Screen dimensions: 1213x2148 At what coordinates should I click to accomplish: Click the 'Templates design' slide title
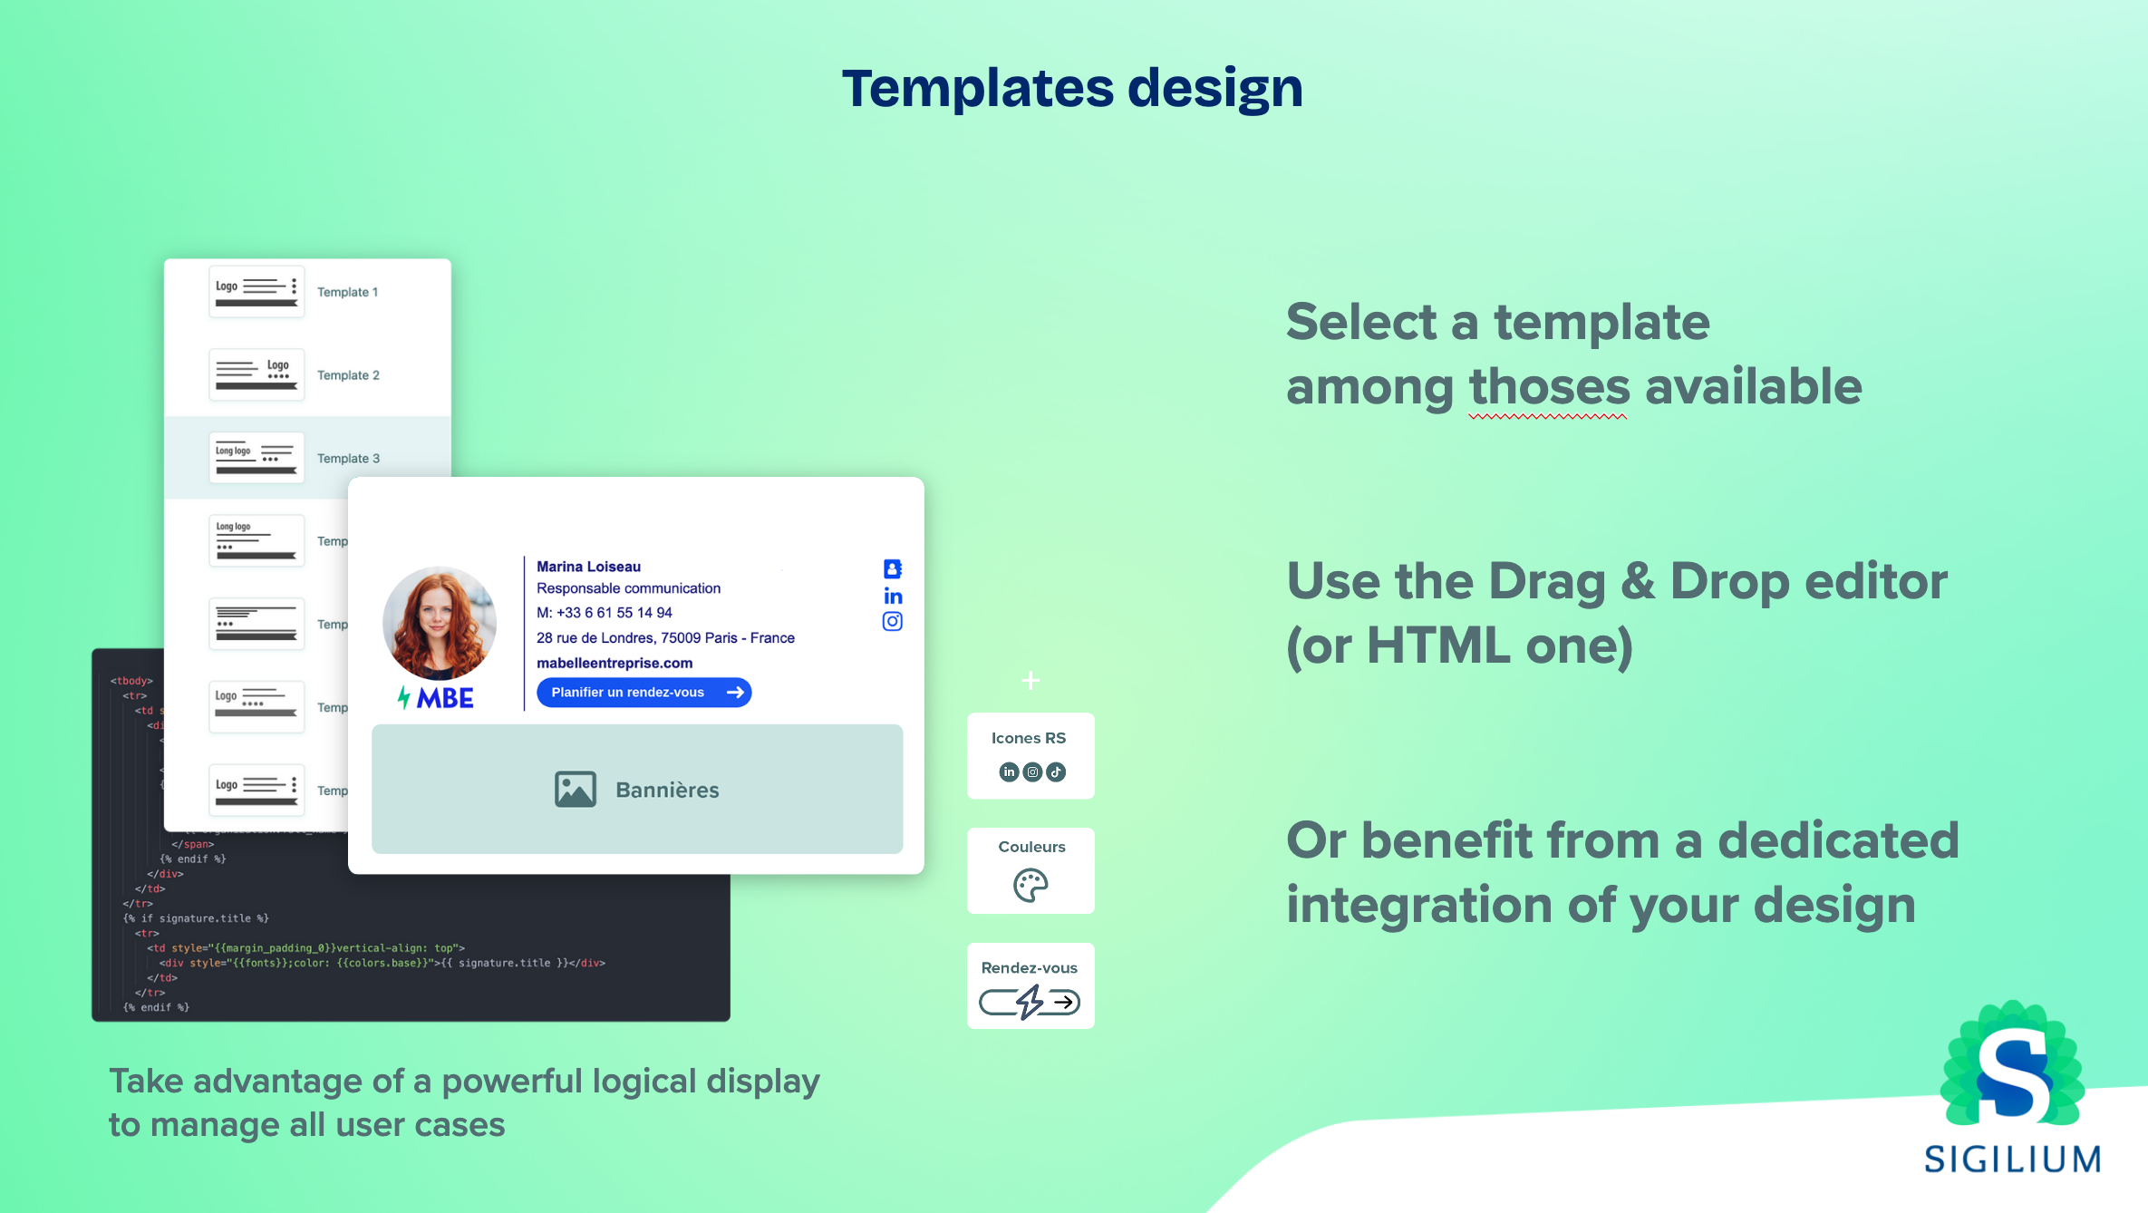(1072, 88)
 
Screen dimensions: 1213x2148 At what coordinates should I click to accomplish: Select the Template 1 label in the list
(347, 292)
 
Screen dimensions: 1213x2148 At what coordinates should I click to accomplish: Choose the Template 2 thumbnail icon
(256, 374)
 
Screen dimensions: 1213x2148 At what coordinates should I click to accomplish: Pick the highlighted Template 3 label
(348, 458)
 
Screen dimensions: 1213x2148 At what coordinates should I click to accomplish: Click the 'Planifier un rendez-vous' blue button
(643, 693)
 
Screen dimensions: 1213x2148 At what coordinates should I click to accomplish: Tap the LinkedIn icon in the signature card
(893, 596)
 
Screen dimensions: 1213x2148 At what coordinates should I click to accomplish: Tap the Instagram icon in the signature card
(893, 622)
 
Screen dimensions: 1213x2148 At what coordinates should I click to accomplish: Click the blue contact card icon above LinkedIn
(893, 568)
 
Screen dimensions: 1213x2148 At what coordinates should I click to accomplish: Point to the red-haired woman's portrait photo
(440, 623)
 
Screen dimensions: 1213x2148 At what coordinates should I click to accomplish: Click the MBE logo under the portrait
(436, 698)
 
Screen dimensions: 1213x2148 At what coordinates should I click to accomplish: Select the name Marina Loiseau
(588, 567)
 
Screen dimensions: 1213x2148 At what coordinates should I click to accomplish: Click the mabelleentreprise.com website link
(614, 664)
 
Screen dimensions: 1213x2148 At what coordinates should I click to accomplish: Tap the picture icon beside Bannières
(575, 790)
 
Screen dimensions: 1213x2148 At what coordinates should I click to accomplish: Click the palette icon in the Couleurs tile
(1030, 885)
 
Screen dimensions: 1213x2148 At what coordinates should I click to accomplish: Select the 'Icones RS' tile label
(1029, 738)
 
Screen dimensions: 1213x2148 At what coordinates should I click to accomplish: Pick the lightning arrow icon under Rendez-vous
(1030, 1002)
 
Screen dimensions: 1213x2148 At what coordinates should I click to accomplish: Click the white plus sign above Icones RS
(1030, 680)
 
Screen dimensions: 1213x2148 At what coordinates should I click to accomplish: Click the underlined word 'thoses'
(1549, 388)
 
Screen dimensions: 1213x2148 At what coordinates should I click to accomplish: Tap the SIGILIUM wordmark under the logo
(2012, 1159)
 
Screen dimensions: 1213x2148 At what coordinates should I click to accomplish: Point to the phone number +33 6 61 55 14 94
(614, 613)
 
